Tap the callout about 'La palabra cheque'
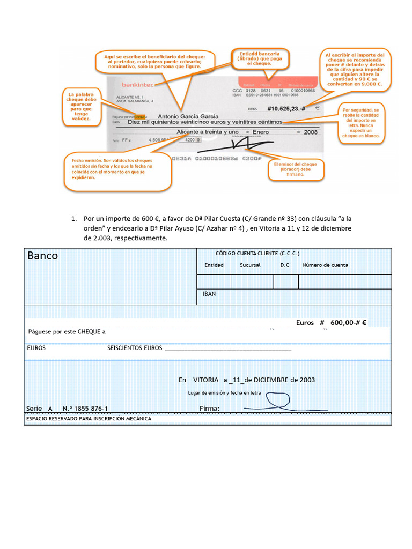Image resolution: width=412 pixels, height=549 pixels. [x=82, y=106]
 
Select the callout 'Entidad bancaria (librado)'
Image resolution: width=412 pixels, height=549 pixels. [x=260, y=58]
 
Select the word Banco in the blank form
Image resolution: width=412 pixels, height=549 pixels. [x=43, y=256]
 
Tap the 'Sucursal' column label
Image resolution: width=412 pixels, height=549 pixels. [x=250, y=265]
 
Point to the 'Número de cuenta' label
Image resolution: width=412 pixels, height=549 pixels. [x=325, y=265]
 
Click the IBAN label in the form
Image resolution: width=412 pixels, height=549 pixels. [x=209, y=294]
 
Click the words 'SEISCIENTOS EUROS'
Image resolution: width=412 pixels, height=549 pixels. [x=135, y=348]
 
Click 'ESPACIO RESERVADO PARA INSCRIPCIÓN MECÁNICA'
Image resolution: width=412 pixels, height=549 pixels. [x=89, y=419]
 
